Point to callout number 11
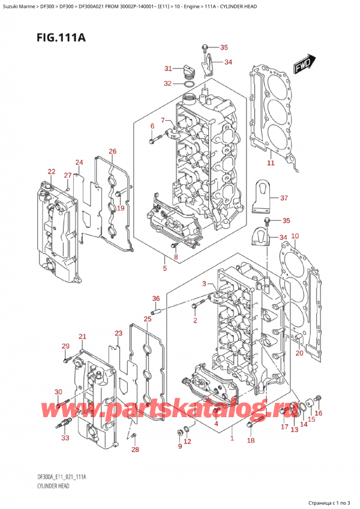tap(271, 163)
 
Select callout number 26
tap(112, 151)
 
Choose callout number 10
tap(294, 236)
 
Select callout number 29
tap(65, 346)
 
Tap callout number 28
tap(136, 450)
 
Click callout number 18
tap(250, 441)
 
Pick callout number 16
tap(319, 413)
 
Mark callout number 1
tap(231, 439)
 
